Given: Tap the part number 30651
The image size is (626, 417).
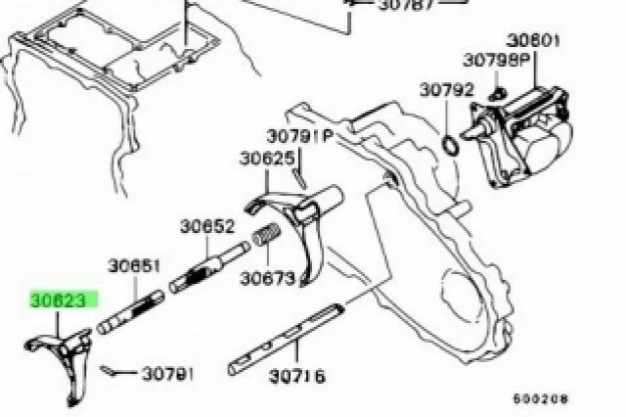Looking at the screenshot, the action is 134,266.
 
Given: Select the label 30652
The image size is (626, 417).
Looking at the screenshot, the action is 206,227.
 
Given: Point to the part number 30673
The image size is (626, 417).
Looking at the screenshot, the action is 267,278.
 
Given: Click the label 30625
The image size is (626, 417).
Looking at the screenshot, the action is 267,159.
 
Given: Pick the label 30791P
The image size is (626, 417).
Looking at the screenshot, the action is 299,136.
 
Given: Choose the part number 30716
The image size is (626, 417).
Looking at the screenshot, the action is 297,376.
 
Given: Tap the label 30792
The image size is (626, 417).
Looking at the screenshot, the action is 446,90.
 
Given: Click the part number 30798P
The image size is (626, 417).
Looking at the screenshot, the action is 496,60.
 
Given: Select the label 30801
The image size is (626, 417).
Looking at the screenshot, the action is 533,40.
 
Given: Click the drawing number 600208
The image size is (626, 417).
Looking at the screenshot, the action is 540,398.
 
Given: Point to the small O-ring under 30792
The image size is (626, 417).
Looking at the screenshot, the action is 451,145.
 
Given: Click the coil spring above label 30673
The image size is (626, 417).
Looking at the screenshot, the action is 266,234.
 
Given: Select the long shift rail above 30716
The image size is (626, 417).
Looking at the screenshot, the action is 286,340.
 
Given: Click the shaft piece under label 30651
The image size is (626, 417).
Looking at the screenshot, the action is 130,312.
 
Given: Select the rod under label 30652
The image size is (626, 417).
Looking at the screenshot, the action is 209,267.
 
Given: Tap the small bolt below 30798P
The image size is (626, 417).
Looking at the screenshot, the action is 497,95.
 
